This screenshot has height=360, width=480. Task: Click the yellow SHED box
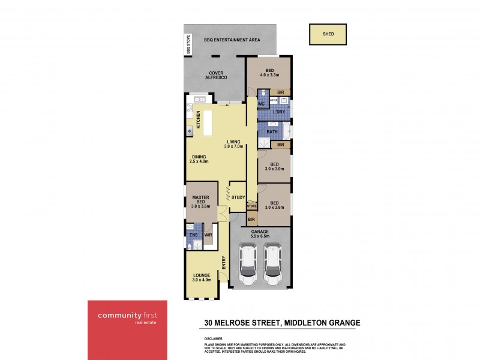(x=327, y=35)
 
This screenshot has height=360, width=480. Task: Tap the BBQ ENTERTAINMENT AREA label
(x=232, y=40)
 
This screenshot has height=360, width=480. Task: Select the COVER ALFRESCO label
(x=215, y=76)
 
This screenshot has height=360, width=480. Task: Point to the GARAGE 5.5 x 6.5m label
(x=260, y=234)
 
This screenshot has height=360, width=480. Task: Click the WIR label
(x=208, y=235)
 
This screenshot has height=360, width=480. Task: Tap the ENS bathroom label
(x=193, y=235)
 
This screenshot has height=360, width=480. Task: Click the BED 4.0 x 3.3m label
(x=269, y=72)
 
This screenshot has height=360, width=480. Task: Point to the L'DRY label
(x=278, y=112)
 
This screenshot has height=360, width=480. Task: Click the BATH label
(x=272, y=131)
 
